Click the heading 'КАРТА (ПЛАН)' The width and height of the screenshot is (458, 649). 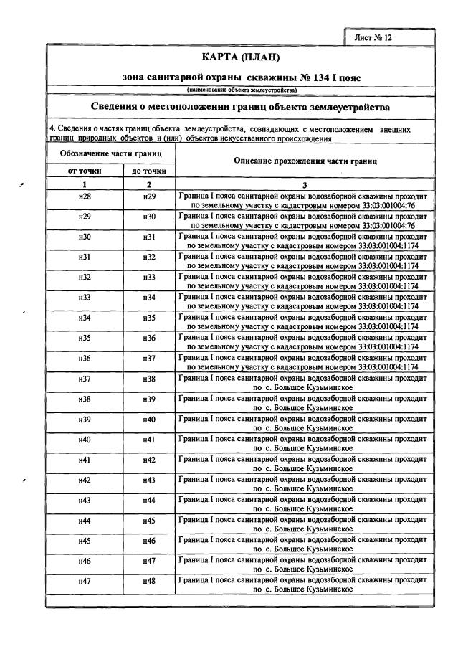point(241,57)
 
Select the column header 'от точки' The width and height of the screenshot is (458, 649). point(85,171)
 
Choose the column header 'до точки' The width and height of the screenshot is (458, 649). point(149,171)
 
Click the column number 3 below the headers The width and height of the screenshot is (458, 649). point(304,185)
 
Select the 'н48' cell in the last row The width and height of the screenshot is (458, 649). point(149,580)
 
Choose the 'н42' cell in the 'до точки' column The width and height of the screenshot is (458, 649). point(149,459)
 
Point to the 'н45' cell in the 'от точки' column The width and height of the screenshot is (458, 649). point(85,540)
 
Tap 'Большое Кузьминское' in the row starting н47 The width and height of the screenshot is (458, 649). point(315,590)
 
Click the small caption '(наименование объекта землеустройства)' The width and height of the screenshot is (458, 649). point(242,90)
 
